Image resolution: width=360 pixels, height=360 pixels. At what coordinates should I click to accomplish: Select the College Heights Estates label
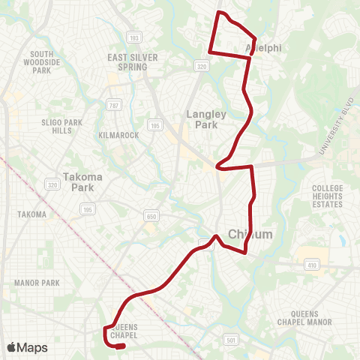(328, 196)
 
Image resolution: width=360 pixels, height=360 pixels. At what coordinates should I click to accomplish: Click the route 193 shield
(134, 36)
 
